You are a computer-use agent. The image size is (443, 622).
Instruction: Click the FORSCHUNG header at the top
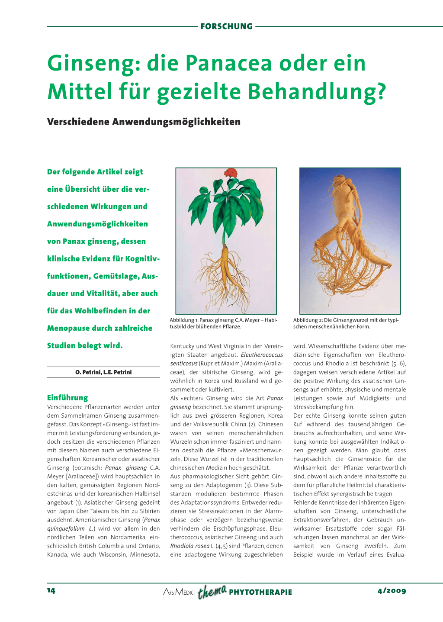point(226,26)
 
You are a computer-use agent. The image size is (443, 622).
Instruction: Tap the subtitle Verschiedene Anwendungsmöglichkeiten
point(144,122)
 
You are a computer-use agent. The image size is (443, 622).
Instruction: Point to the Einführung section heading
point(67,397)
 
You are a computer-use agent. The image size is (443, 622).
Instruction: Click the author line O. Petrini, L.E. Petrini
point(103,372)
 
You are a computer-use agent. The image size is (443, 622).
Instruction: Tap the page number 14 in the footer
point(51,590)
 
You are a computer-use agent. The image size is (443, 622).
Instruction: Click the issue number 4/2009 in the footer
point(392,591)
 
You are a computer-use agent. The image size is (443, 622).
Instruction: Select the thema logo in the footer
point(212,591)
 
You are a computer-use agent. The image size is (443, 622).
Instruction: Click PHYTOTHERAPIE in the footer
point(260,592)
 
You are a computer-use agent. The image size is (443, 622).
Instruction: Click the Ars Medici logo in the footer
point(179,592)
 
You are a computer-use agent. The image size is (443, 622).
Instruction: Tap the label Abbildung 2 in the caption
point(308,320)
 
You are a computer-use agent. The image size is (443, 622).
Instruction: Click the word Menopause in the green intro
point(68,328)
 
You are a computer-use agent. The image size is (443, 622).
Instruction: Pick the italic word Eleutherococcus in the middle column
point(262,355)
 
